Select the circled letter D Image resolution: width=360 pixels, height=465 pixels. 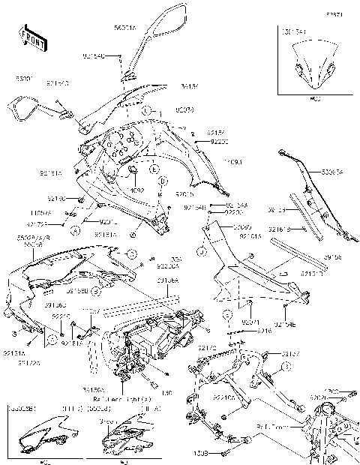pos(163,182)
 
